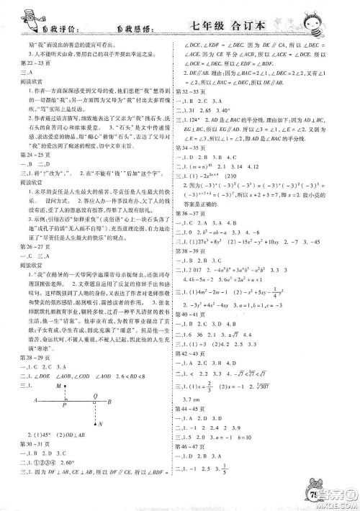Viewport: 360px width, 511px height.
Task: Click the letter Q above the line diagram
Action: [x=94, y=394]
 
